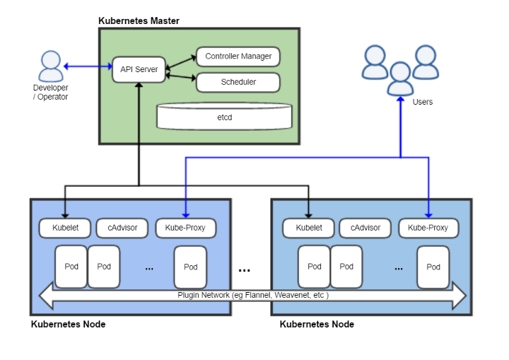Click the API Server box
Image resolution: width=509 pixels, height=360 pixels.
click(x=139, y=69)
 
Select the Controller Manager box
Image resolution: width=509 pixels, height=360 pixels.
click(x=238, y=57)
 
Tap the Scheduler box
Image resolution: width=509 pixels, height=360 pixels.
click(x=238, y=82)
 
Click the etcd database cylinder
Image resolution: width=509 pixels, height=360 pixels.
click(x=223, y=116)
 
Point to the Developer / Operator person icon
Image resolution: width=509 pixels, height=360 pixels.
click(x=50, y=66)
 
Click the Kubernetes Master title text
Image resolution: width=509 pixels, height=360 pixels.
click(x=139, y=21)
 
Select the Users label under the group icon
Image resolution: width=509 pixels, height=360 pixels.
click(x=422, y=102)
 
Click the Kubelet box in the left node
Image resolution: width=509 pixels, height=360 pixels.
click(x=64, y=228)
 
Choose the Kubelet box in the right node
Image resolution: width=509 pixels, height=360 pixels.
click(x=308, y=228)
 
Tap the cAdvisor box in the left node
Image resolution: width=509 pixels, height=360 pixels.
click(x=122, y=228)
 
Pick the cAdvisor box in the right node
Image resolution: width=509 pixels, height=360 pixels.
click(x=365, y=228)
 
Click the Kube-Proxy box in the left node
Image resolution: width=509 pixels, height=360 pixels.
click(x=186, y=228)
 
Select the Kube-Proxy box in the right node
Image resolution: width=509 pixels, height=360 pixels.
click(x=428, y=228)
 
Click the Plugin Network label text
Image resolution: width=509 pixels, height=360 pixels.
click(x=252, y=295)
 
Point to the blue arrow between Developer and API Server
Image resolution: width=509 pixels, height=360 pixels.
click(x=88, y=66)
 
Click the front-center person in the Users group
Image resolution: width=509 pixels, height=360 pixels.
click(x=400, y=79)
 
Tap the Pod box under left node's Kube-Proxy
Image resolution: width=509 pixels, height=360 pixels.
click(x=190, y=267)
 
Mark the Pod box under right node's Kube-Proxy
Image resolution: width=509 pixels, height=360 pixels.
click(x=433, y=267)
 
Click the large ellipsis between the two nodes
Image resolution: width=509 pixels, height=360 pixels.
click(x=245, y=270)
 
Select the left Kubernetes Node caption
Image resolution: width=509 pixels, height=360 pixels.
click(x=68, y=325)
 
